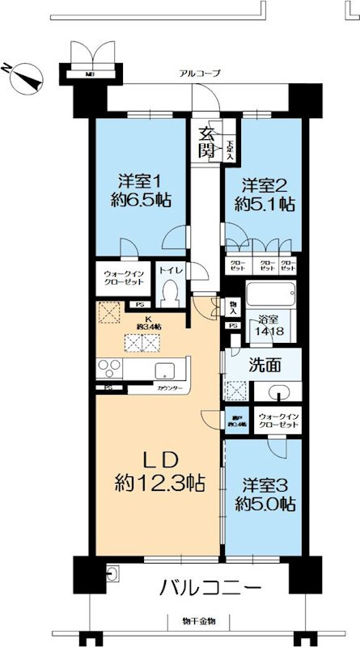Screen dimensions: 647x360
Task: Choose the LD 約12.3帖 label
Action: pos(159,472)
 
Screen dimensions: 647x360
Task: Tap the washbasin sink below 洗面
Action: pos(278,393)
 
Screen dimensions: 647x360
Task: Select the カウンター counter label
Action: pos(169,390)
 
